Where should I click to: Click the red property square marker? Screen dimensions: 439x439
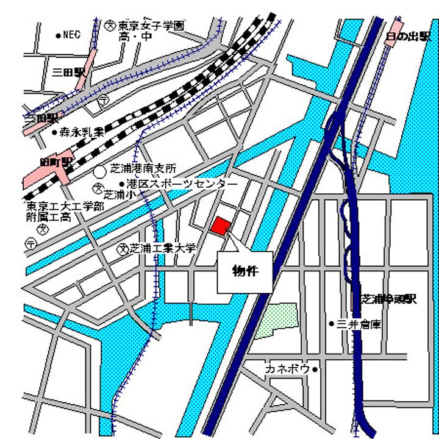point(221,225)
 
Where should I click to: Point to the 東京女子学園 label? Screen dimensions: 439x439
point(151,26)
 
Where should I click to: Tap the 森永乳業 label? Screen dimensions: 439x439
point(82,131)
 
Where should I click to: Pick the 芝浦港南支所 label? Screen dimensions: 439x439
point(143,168)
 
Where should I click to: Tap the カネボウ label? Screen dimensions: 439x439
point(288,369)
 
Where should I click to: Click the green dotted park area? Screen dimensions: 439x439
point(276,320)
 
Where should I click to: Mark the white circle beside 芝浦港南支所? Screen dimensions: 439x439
point(100,173)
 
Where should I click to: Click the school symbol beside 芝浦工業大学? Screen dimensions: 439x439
point(123,248)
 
